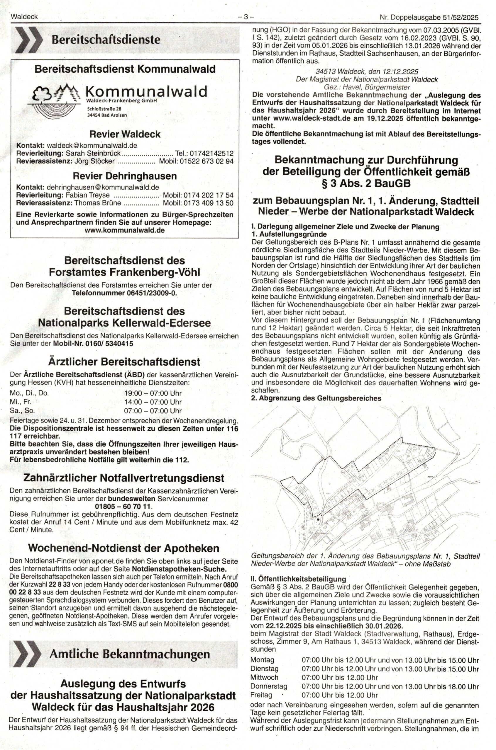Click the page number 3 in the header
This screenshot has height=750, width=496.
tap(246, 17)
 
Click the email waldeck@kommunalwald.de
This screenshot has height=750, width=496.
tap(92, 146)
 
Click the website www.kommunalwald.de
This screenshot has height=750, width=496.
tap(125, 230)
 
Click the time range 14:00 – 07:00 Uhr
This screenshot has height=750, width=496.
tap(153, 402)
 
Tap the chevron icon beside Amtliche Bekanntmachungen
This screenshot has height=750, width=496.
tap(26, 654)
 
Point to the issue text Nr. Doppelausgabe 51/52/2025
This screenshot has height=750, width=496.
tap(429, 18)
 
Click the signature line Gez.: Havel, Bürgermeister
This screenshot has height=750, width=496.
tap(367, 87)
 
